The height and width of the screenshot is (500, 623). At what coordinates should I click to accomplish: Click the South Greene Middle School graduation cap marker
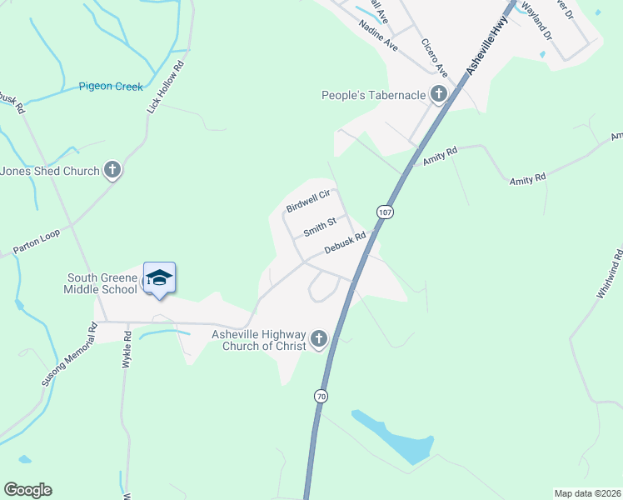(x=159, y=279)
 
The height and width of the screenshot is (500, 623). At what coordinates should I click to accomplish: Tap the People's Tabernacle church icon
(x=439, y=95)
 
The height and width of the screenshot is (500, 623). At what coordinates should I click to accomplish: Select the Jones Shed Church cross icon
(x=112, y=171)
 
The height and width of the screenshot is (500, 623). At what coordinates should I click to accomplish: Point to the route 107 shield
(x=384, y=212)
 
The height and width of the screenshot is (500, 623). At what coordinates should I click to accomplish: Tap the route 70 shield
(x=321, y=397)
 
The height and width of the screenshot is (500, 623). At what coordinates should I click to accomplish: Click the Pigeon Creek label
(x=111, y=87)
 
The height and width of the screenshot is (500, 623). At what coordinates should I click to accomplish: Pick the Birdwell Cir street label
(x=309, y=200)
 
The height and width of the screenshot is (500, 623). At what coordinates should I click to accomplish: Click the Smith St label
(x=320, y=225)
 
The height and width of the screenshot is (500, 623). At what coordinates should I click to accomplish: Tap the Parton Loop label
(x=37, y=242)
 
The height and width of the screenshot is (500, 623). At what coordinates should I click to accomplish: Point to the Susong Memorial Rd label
(x=70, y=355)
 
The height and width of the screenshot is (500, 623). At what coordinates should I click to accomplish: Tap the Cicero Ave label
(x=434, y=55)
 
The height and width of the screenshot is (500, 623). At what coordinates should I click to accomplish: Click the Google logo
(x=27, y=490)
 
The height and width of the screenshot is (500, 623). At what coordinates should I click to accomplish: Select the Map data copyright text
(x=587, y=493)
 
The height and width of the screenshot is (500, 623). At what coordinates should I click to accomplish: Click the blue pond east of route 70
(x=396, y=436)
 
